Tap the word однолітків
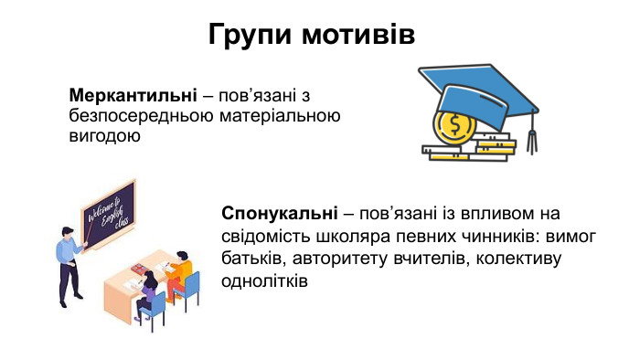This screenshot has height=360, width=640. pos(264,281)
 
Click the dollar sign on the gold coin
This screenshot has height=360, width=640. pos(451,123)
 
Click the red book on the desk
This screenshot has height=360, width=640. pos(139,270)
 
